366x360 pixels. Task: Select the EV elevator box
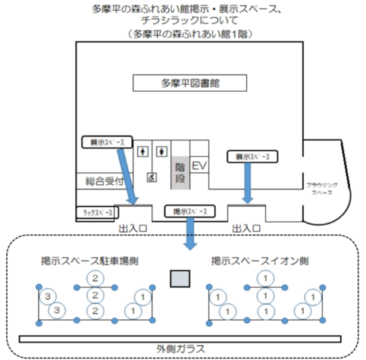coord(199,165)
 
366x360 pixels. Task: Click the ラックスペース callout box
coord(99,213)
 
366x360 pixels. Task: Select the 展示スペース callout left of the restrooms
coord(107,142)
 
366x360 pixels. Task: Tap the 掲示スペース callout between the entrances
coord(189,211)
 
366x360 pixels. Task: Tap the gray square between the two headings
coord(180,279)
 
